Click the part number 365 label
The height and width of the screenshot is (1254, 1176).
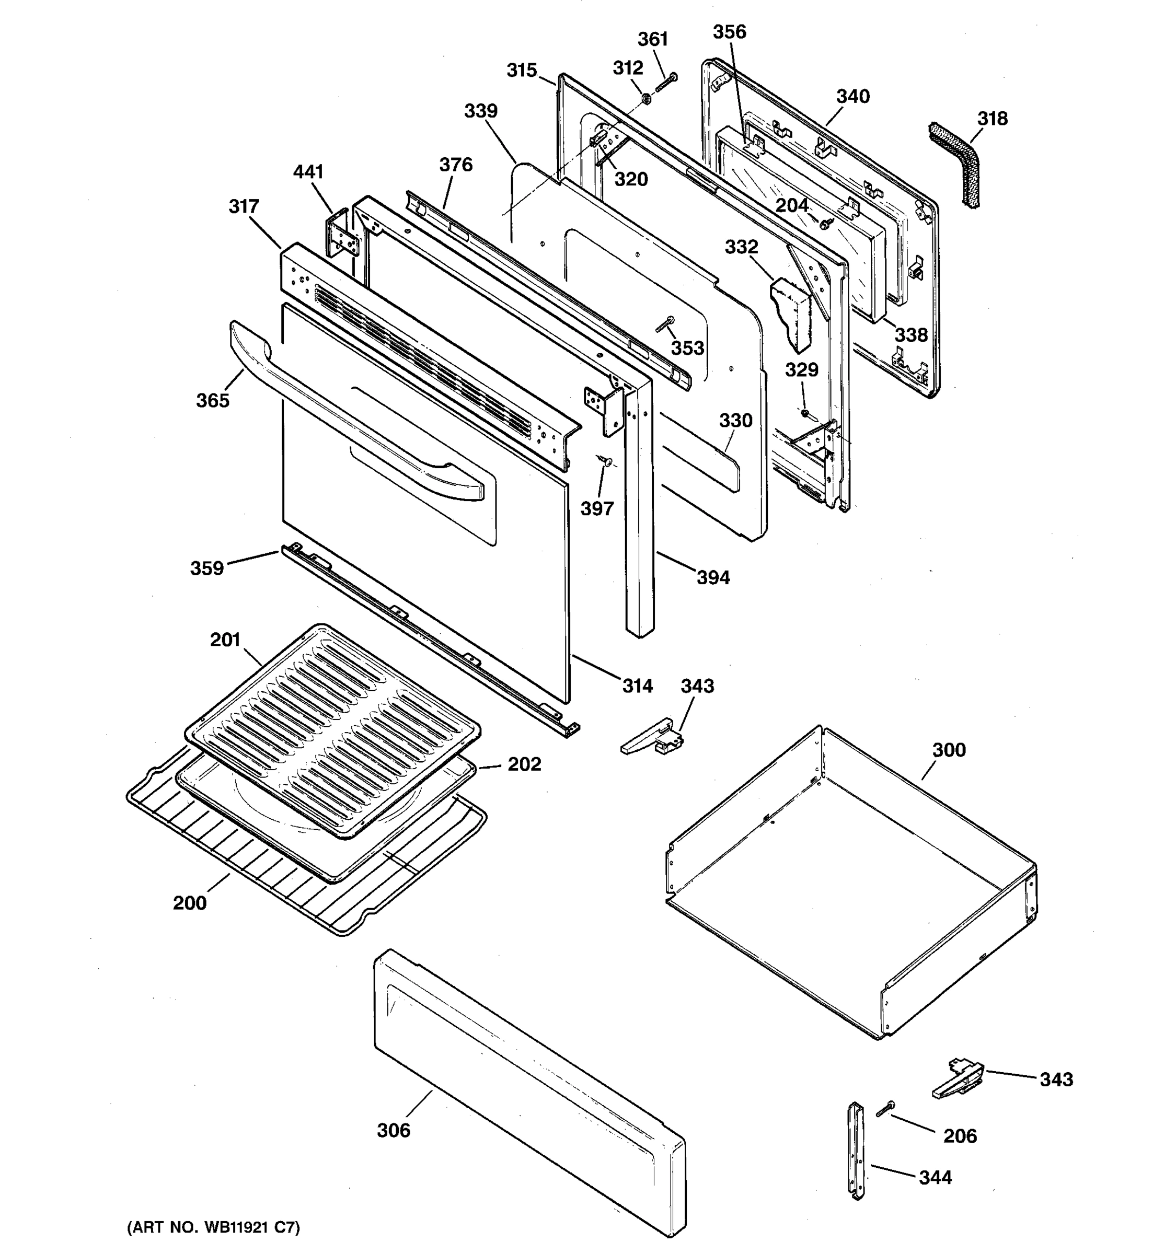pyautogui.click(x=213, y=401)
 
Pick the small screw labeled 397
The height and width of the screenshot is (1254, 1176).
pyautogui.click(x=606, y=463)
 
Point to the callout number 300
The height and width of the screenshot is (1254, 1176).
pyautogui.click(x=949, y=750)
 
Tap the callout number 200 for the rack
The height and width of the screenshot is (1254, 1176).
pyautogui.click(x=190, y=903)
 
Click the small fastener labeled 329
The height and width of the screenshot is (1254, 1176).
pyautogui.click(x=805, y=413)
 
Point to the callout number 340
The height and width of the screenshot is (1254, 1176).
pyautogui.click(x=852, y=97)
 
